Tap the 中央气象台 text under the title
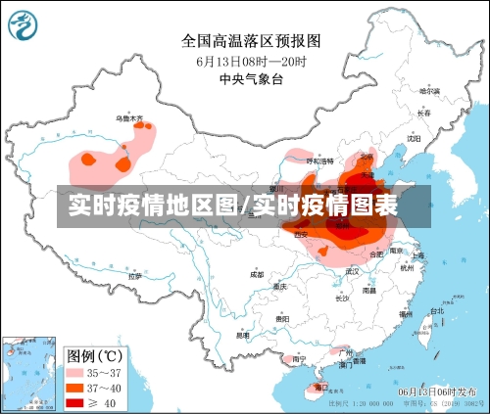click(x=249, y=78)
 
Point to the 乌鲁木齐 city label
click(x=130, y=118)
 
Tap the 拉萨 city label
click(x=134, y=276)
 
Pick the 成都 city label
click(x=256, y=275)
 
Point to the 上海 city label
click(x=419, y=256)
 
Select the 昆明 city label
click(x=242, y=336)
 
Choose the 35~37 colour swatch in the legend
click(x=76, y=372)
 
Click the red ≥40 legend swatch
click(x=76, y=401)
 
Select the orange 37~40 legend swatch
click(x=76, y=387)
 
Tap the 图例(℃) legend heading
click(x=94, y=353)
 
